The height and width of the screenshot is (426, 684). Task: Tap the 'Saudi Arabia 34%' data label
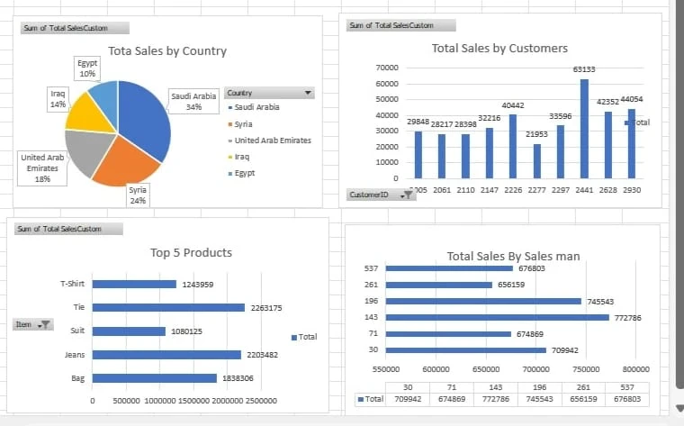[x=193, y=101]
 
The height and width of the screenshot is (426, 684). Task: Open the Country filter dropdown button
[x=309, y=93]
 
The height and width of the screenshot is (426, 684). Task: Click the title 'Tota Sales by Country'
[x=167, y=51]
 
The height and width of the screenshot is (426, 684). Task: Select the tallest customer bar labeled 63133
[x=584, y=129]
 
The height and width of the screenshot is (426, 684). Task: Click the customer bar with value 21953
[x=536, y=161]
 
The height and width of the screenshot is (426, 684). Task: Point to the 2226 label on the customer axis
[x=513, y=191]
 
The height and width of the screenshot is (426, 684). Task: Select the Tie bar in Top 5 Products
[x=168, y=308]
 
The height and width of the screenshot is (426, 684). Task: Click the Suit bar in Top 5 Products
[x=130, y=331]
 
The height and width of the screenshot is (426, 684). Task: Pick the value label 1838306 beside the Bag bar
[x=238, y=379]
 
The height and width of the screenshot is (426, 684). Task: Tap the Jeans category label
[x=75, y=355]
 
